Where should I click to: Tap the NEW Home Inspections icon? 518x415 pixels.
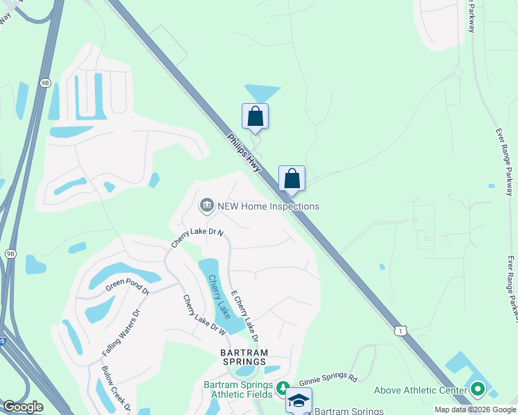(206, 205)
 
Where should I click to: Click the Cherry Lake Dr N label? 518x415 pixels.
(197, 239)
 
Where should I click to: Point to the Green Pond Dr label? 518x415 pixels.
(127, 285)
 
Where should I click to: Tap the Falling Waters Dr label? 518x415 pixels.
(121, 333)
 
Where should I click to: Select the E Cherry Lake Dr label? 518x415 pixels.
(244, 315)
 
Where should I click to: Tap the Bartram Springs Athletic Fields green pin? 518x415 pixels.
(282, 388)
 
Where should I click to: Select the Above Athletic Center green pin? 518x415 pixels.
(477, 390)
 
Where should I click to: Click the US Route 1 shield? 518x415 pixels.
(400, 330)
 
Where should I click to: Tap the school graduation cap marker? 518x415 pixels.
(298, 400)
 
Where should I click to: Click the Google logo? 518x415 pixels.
(23, 407)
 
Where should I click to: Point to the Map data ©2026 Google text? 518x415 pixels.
(475, 409)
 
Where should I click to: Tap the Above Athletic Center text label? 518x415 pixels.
(420, 391)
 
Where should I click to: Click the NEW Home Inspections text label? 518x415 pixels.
(268, 206)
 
